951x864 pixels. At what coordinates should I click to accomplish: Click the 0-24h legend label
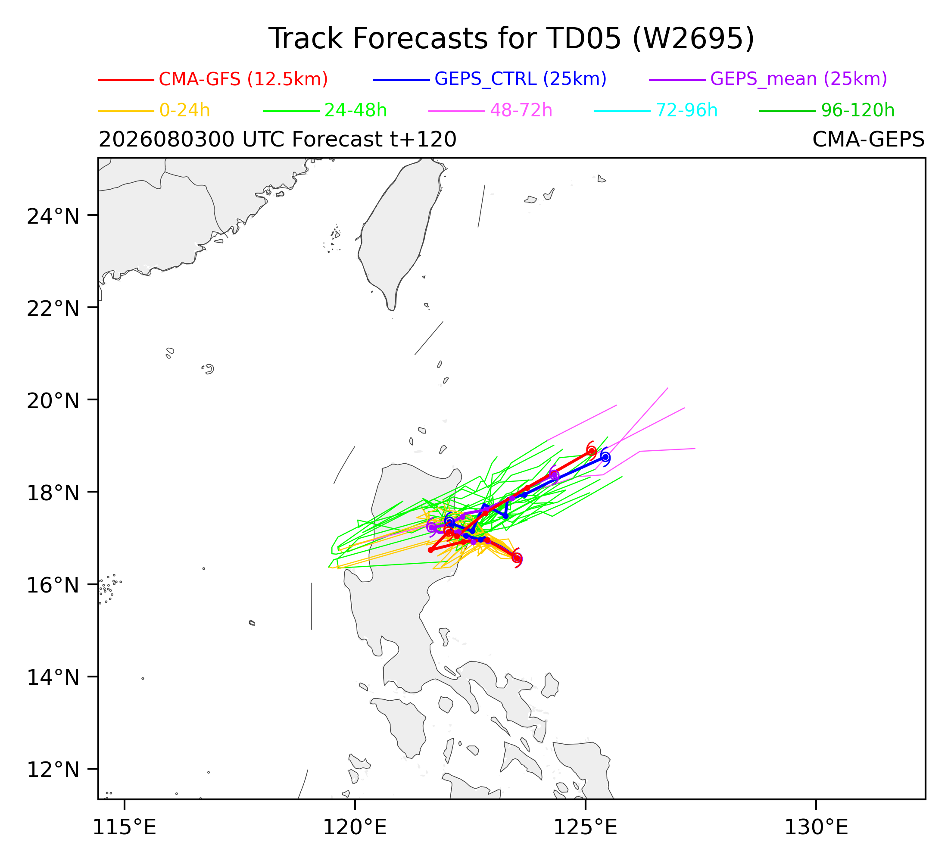(184, 110)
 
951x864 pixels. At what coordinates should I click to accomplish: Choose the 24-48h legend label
(355, 110)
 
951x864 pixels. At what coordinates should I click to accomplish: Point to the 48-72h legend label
(521, 110)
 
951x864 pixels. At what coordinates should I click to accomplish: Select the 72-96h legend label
(687, 110)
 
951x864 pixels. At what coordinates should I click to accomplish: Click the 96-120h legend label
(857, 110)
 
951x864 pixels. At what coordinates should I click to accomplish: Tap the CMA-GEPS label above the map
(868, 140)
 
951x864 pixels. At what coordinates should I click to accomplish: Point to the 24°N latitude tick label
(53, 216)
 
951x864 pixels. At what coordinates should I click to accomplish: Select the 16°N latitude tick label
(53, 586)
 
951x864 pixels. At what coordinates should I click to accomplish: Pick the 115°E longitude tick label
(125, 828)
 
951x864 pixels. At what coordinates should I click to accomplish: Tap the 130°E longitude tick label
(816, 828)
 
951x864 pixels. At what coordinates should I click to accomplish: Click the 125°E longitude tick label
(586, 828)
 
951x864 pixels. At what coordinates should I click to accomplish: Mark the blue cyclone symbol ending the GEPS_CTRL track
(605, 457)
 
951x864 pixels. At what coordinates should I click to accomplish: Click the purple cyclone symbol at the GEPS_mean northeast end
(554, 475)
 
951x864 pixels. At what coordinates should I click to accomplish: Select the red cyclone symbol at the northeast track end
(591, 451)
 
